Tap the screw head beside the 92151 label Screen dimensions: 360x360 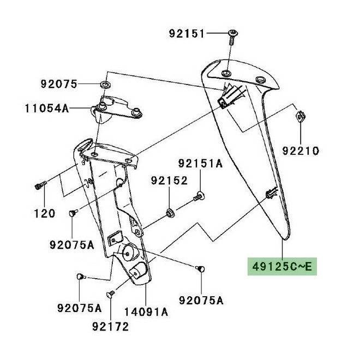[x=233, y=34]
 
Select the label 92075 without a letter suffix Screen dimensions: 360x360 [x=58, y=84]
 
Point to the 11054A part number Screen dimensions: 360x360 [x=46, y=108]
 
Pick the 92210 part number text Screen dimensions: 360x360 [x=301, y=150]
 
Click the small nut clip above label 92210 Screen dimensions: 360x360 [x=301, y=116]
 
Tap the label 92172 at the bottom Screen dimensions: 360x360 [x=110, y=327]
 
